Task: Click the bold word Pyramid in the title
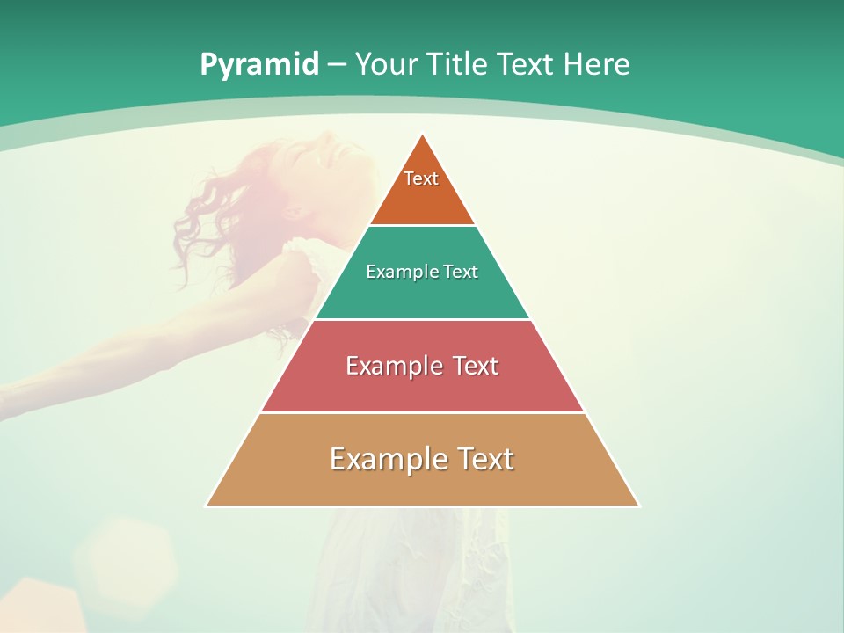tap(259, 65)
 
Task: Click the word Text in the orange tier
tap(421, 178)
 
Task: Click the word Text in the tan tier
tap(482, 459)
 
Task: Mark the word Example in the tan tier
tap(387, 459)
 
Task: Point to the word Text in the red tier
tap(471, 366)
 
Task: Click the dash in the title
tap(337, 65)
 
